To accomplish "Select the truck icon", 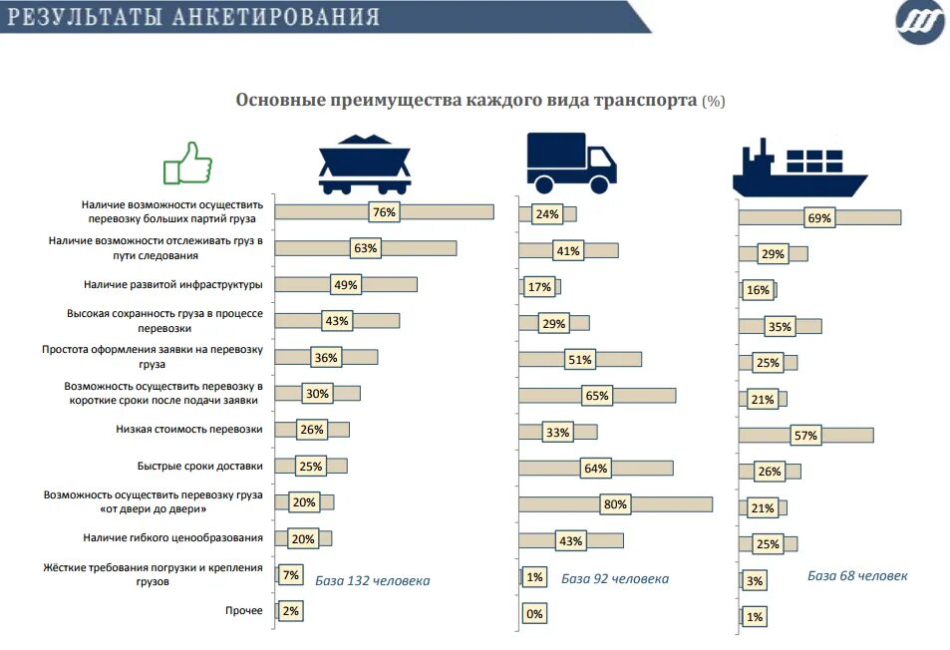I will [570, 162].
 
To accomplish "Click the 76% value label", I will [384, 212].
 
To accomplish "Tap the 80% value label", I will [615, 504].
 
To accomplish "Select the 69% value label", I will [819, 218].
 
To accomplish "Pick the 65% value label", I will [596, 396].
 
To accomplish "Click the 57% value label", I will [804, 435].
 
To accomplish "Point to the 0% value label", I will [534, 614].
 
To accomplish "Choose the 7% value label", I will [291, 575].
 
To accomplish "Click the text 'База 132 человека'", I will [373, 580].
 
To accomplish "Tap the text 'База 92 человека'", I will [615, 579].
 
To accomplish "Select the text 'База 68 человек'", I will [857, 575].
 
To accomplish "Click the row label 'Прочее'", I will [244, 610].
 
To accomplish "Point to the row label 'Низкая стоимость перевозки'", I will [189, 430].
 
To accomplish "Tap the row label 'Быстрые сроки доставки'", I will [199, 466].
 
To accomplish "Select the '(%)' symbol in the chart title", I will [714, 102].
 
